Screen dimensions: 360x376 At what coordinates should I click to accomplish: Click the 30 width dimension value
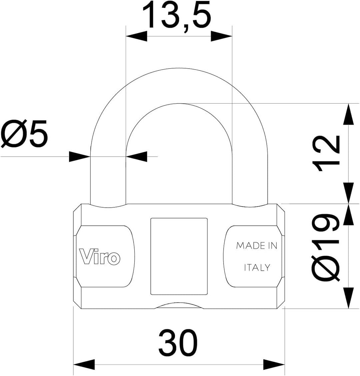pos(178,343)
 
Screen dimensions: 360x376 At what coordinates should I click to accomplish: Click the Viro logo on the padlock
pos(100,257)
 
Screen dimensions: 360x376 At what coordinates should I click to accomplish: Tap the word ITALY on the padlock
pos(257,267)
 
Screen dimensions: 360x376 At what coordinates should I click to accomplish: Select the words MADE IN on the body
pos(257,246)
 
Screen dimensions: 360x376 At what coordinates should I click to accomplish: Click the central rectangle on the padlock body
pos(179,256)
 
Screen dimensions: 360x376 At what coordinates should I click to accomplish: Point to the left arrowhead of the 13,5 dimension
pos(136,36)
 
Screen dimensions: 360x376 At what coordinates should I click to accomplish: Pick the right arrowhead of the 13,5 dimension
pos(222,36)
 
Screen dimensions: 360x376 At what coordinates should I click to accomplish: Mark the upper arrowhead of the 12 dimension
pos(348,114)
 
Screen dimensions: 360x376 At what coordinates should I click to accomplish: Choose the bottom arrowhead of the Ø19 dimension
pos(348,298)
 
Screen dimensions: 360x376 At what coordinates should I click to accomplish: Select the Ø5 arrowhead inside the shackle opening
pos(136,157)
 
